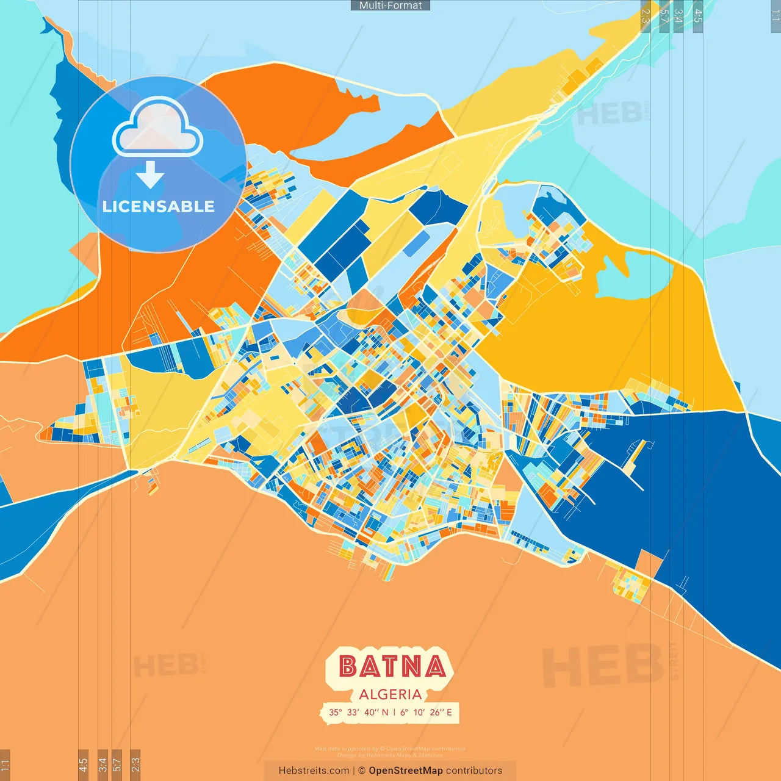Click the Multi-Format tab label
[x=390, y=5]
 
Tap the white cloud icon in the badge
[x=157, y=127]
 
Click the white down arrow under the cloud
[x=150, y=175]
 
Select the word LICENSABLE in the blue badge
[x=159, y=206]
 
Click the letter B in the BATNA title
[x=348, y=666]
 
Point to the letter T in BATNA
[x=392, y=666]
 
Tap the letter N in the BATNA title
[x=414, y=666]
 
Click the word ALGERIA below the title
[x=390, y=694]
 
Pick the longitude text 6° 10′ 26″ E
[x=426, y=712]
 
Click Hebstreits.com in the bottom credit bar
[x=314, y=771]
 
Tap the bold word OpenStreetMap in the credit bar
[x=405, y=771]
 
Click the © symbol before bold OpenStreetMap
[x=362, y=771]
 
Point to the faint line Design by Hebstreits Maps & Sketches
[x=390, y=755]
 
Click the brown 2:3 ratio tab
[x=135, y=765]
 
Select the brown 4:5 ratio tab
[x=83, y=765]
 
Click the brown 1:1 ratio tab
[x=5, y=765]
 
